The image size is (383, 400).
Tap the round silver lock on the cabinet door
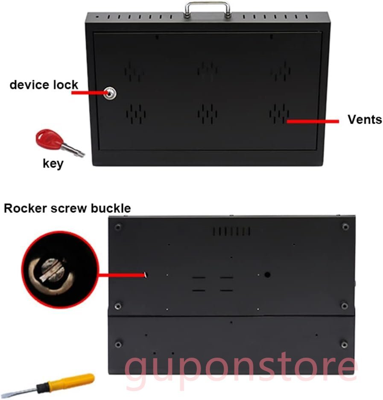click(110, 93)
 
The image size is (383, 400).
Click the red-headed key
click(59, 143)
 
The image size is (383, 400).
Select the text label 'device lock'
click(44, 85)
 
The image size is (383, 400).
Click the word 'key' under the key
click(53, 163)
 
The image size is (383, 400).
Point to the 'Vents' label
click(365, 119)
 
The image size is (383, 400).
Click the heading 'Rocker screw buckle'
click(67, 208)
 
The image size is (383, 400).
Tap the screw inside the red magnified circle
click(52, 271)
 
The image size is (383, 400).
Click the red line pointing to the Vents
click(313, 122)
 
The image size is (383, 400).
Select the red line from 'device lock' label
click(88, 93)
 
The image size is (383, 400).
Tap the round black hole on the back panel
click(267, 275)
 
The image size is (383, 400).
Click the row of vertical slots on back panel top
click(231, 231)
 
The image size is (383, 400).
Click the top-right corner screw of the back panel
click(345, 226)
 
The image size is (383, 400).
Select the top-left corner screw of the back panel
click(118, 226)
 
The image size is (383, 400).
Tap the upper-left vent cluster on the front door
click(133, 71)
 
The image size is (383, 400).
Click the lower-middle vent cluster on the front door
click(207, 114)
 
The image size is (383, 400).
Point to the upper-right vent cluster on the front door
click(280, 71)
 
